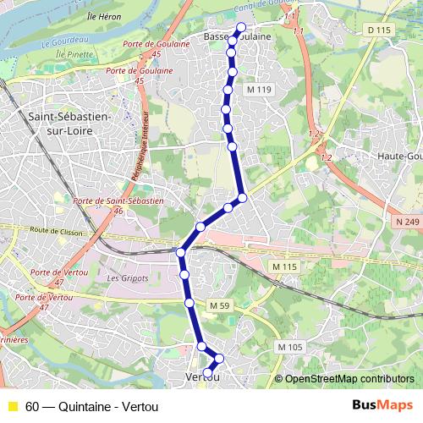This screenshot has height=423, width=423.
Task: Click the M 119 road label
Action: point(259,89)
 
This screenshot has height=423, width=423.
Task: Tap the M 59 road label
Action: point(220,305)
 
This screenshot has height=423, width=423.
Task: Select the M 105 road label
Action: point(289,347)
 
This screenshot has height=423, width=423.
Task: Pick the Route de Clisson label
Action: point(52,229)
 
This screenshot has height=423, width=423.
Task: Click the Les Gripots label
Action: point(128,277)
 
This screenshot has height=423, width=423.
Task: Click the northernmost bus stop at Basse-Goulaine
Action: point(240,28)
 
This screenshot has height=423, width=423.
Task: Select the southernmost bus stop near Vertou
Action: point(208,371)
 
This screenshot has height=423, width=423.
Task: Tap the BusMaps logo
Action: point(382,405)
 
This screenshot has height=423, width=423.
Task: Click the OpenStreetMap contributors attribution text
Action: point(349,378)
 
